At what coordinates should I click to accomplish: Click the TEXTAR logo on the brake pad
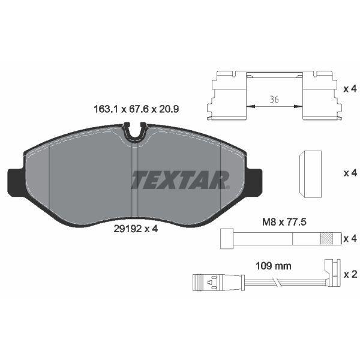point(181,179)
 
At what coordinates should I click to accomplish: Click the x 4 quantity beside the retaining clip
point(349,89)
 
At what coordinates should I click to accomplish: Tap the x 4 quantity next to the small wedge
point(349,173)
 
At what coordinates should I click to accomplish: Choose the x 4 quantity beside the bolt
point(349,239)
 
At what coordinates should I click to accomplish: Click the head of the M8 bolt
point(227,238)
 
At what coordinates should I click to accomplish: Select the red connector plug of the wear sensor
point(206,281)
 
